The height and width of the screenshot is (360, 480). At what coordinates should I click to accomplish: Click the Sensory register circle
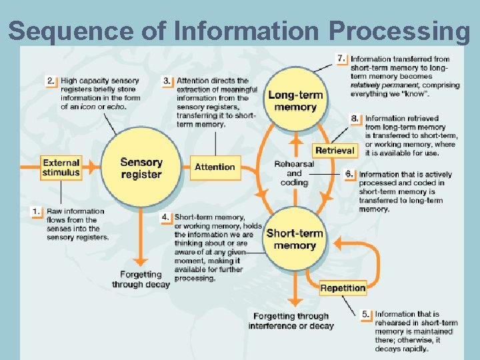click(141, 168)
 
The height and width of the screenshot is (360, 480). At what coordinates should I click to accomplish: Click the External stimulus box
click(61, 167)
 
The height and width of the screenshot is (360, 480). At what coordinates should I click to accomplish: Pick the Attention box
click(215, 167)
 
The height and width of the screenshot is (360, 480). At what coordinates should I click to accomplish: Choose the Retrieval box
click(335, 151)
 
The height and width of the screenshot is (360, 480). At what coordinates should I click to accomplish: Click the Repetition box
click(343, 288)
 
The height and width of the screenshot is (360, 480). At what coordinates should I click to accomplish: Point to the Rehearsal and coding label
click(294, 173)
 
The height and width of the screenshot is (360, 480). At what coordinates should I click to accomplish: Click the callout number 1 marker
click(37, 211)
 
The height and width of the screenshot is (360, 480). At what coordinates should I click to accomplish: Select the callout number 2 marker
click(51, 81)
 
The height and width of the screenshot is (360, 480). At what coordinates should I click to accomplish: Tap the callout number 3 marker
click(167, 81)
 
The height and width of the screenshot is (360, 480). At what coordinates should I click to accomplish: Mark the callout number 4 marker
click(166, 217)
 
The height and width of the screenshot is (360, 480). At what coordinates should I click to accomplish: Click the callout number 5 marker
click(366, 314)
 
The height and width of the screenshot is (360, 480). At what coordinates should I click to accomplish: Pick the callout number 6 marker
click(349, 174)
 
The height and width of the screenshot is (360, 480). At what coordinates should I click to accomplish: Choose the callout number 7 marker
click(341, 59)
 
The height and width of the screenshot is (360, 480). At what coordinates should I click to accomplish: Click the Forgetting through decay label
click(141, 279)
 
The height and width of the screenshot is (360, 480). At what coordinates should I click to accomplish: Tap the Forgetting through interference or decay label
click(291, 321)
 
